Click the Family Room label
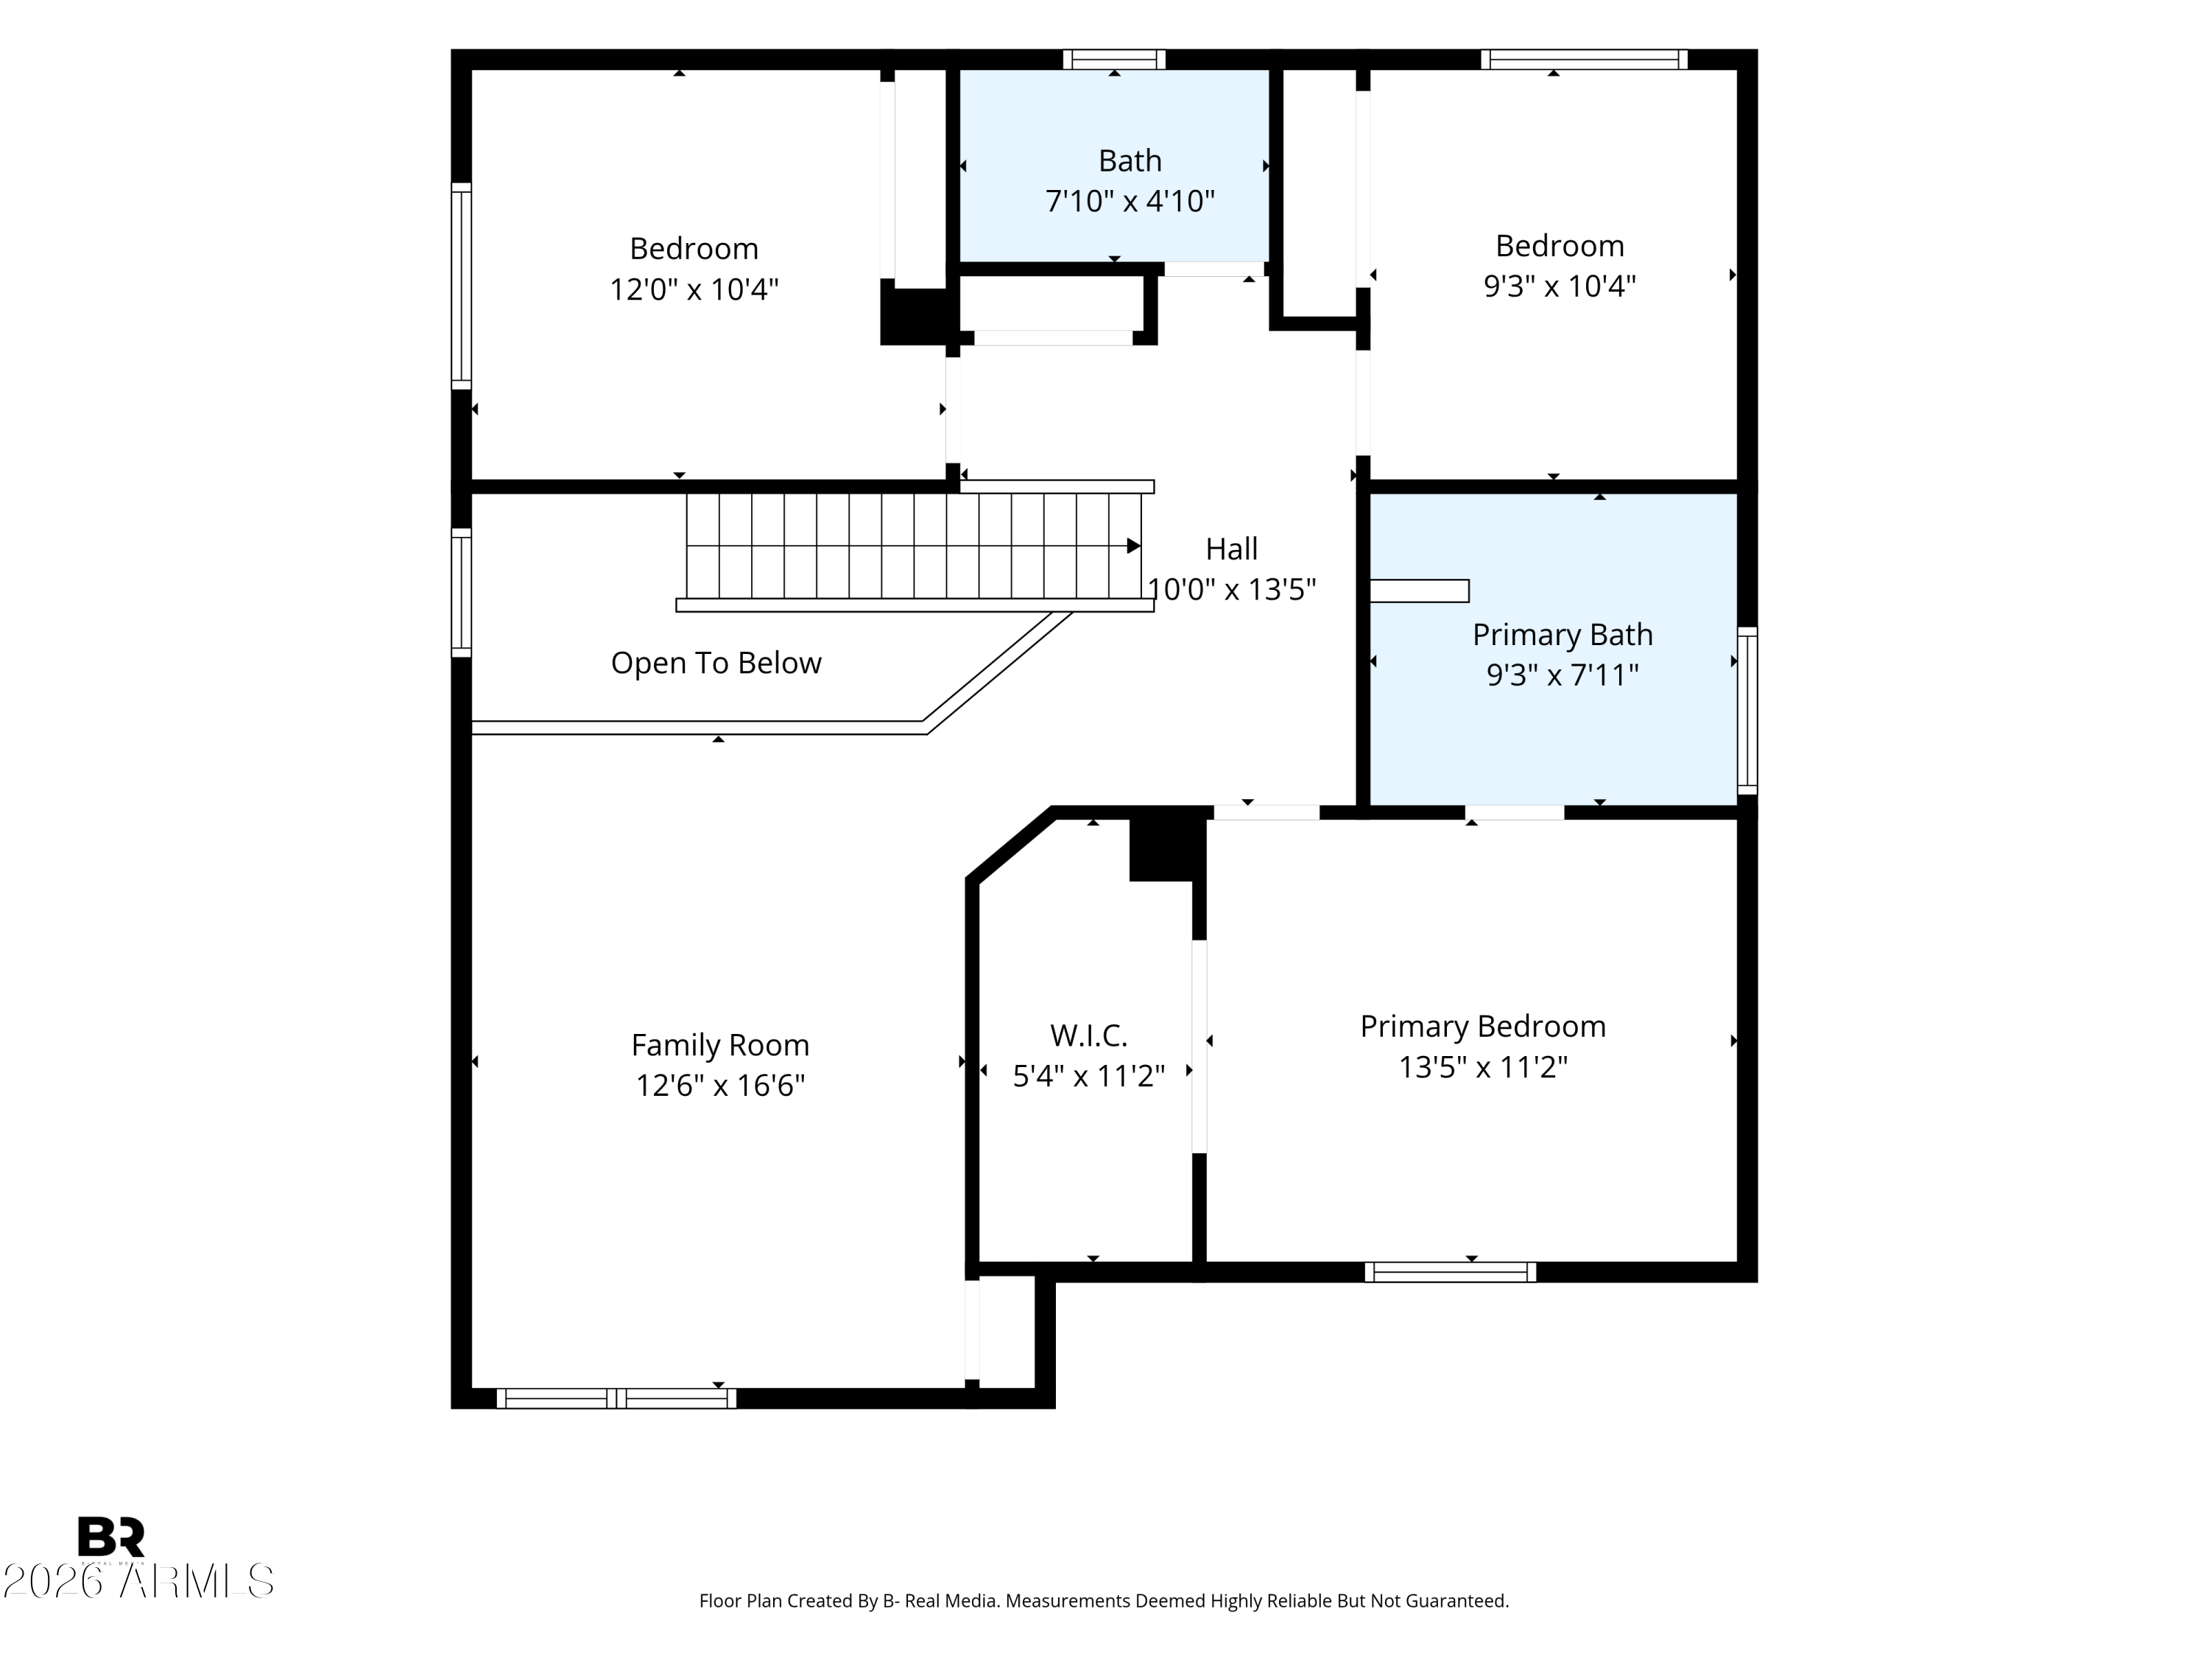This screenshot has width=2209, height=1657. (720, 1045)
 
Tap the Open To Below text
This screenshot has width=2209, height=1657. (716, 664)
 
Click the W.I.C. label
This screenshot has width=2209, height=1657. (1088, 1035)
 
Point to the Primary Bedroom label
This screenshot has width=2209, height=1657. (1483, 1027)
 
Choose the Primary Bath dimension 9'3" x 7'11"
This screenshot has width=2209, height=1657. (1563, 675)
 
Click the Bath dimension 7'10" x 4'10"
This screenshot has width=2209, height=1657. (1130, 202)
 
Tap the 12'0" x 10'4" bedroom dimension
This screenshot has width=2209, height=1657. (694, 289)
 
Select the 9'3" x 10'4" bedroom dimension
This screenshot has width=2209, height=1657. (1560, 286)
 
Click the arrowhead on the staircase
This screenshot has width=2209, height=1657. (1133, 546)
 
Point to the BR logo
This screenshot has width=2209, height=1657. (111, 1537)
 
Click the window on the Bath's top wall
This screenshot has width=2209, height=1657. (1115, 60)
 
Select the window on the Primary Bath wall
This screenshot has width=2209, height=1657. (1747, 710)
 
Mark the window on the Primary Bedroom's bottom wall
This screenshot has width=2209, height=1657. (1450, 1271)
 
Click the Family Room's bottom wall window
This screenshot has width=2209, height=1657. (616, 1399)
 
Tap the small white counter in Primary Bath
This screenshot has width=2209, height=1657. (1419, 591)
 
